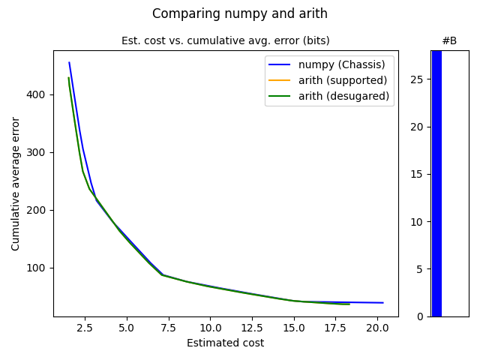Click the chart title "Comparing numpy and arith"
pos(240,13)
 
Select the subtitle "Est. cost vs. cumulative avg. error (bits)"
pos(225,40)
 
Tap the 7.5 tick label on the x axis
pos(169,328)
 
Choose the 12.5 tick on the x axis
pos(252,328)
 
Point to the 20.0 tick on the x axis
pos(377,328)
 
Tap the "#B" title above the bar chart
pos(449,40)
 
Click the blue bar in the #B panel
pos(436,184)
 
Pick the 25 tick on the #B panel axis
pos(416,79)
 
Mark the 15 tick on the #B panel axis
pos(416,174)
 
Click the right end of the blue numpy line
pos(383,303)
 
